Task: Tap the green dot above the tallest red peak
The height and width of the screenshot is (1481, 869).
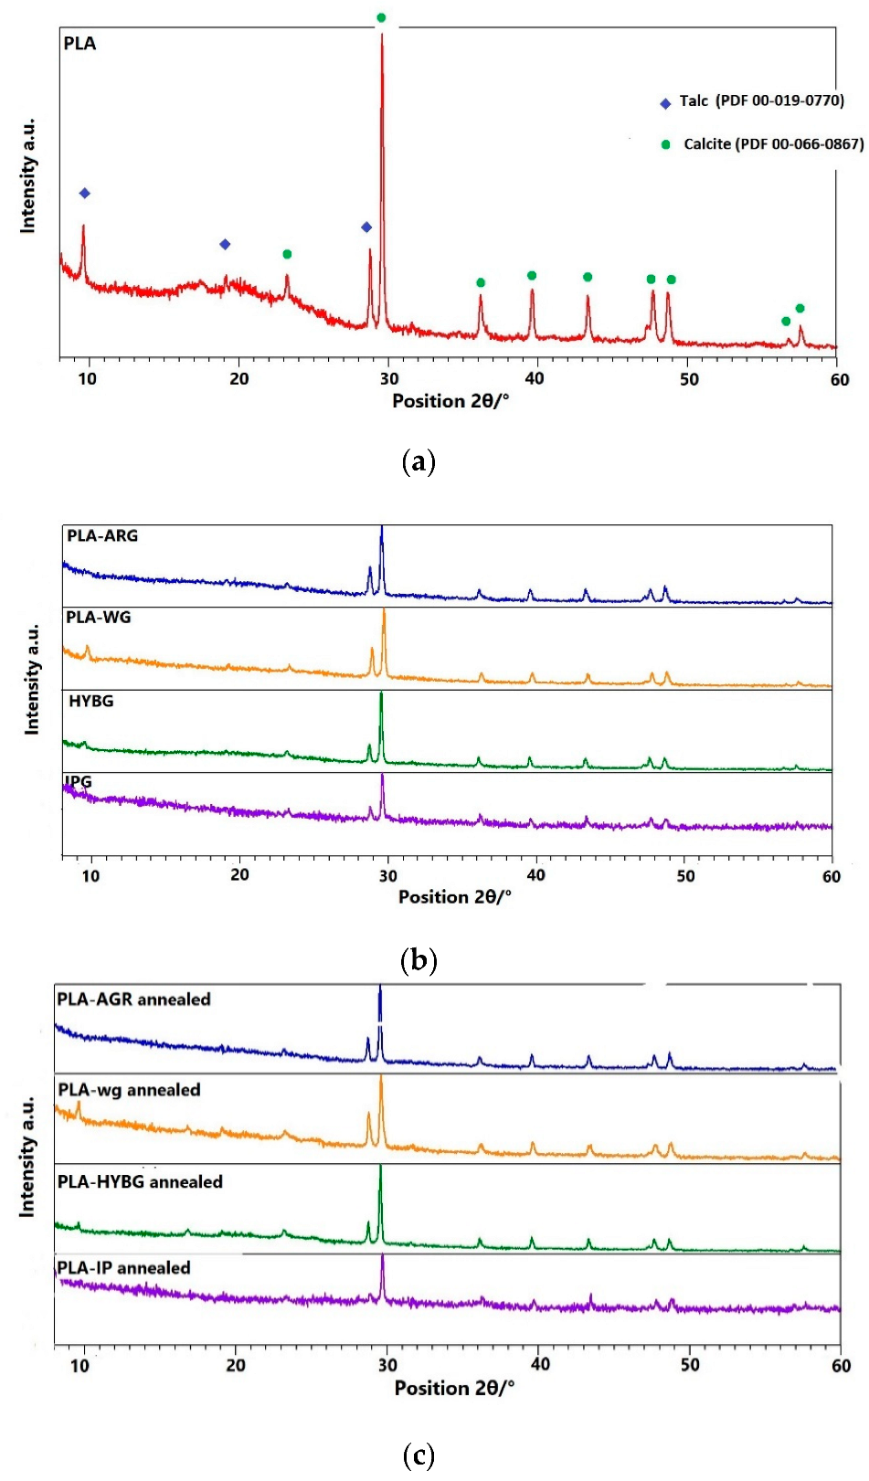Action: [x=381, y=17]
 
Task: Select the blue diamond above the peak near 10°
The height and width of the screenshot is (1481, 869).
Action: [x=85, y=193]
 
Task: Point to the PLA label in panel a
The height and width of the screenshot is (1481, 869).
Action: [x=79, y=44]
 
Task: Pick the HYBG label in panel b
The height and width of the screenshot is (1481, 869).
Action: [x=91, y=701]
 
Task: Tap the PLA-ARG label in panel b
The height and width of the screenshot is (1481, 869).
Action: [x=102, y=535]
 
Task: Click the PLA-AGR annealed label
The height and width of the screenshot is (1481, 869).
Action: [x=133, y=1000]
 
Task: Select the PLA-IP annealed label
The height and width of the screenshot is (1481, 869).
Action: [x=123, y=1268]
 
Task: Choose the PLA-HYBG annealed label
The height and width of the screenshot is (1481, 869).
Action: [x=140, y=1182]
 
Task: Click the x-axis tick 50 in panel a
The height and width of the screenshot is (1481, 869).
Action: [x=690, y=379]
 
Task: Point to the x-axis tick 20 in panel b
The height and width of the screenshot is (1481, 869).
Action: [x=239, y=875]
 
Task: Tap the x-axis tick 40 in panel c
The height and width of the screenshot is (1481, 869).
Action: [x=540, y=1364]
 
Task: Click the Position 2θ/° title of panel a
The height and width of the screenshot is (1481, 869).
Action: [x=450, y=401]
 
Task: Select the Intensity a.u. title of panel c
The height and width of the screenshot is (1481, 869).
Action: [x=27, y=1156]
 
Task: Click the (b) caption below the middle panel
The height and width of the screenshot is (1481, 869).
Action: [x=419, y=960]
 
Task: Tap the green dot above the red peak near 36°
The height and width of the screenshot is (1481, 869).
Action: [x=481, y=282]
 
